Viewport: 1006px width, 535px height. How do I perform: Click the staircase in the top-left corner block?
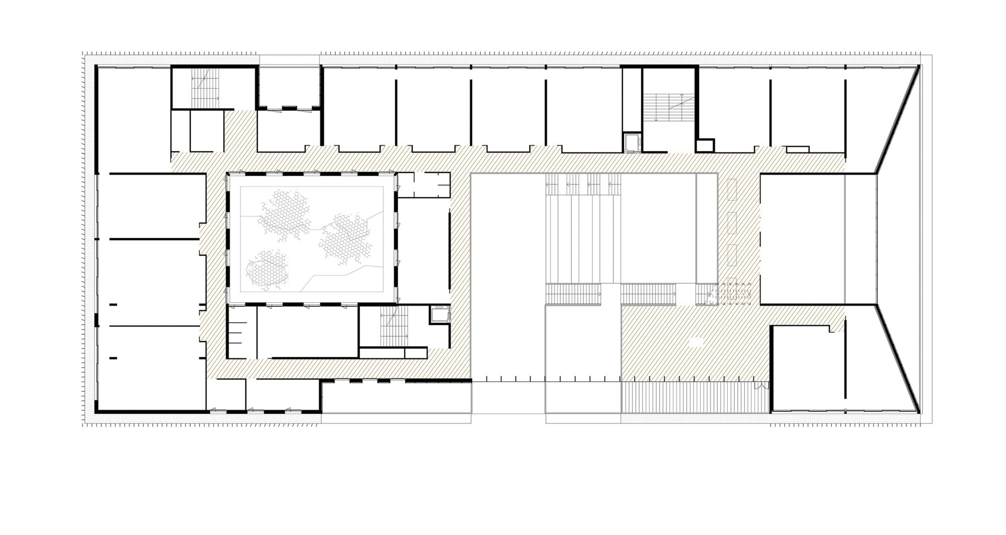[x=205, y=86]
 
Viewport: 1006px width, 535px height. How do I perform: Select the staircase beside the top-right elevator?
[x=669, y=107]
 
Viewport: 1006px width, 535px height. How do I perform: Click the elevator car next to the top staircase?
[x=632, y=143]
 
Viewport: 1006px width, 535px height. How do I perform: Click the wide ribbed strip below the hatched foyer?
[x=695, y=398]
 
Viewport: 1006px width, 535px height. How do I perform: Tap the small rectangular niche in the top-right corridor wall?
[x=797, y=149]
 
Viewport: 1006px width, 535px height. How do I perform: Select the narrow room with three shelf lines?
[x=242, y=332]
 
